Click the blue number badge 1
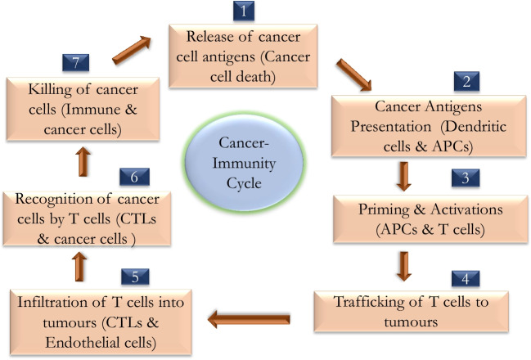pyautogui.click(x=244, y=11)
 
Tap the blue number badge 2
pyautogui.click(x=466, y=81)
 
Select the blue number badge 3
pyautogui.click(x=466, y=178)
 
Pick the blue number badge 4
pyautogui.click(x=466, y=279)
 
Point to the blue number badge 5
pyautogui.click(x=135, y=277)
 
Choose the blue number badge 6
pyautogui.click(x=134, y=177)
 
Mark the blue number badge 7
pyautogui.click(x=76, y=63)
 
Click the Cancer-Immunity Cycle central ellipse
pyautogui.click(x=244, y=163)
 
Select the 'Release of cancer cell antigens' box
pyautogui.click(x=243, y=56)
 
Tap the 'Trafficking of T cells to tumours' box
pyautogui.click(x=411, y=312)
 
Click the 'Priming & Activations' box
pyautogui.click(x=430, y=219)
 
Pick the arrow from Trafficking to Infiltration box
pyautogui.click(x=249, y=319)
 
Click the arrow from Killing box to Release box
pyautogui.click(x=132, y=50)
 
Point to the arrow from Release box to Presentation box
pyautogui.click(x=354, y=75)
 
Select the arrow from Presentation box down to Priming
pyautogui.click(x=403, y=176)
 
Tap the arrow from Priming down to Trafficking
pyautogui.click(x=403, y=266)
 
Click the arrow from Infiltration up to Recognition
pyautogui.click(x=79, y=267)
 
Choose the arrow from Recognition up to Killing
pyautogui.click(x=83, y=162)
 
